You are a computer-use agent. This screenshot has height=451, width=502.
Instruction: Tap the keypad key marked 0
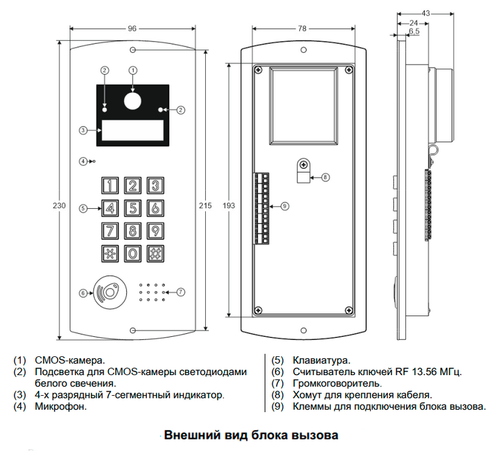pyautogui.click(x=132, y=254)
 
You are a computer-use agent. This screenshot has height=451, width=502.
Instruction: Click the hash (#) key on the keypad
pyautogui.click(x=154, y=254)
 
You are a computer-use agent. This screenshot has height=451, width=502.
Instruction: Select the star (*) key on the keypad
pyautogui.click(x=110, y=254)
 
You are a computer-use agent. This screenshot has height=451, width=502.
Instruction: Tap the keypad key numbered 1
pyautogui.click(x=110, y=185)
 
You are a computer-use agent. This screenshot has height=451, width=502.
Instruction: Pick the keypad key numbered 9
pyautogui.click(x=154, y=231)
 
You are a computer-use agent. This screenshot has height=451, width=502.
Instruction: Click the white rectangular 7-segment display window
pyautogui.click(x=132, y=130)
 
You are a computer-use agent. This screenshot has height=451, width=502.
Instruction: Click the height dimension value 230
pyautogui.click(x=60, y=205)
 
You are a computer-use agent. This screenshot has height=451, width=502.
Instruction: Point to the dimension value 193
pyautogui.click(x=229, y=205)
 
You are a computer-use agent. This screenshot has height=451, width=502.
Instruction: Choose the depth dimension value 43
pyautogui.click(x=425, y=13)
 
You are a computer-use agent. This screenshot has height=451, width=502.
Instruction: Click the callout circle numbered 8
pyautogui.click(x=325, y=178)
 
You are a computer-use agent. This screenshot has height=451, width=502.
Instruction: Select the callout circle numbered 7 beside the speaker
pyautogui.click(x=181, y=292)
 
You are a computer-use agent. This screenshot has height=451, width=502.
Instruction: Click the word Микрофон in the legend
pyautogui.click(x=60, y=406)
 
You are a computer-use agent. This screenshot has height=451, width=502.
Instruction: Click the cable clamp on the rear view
pyautogui.click(x=302, y=170)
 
